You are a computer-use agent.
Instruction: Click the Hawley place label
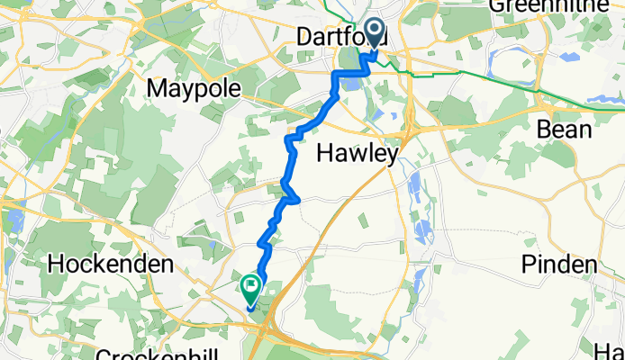tap(358, 156)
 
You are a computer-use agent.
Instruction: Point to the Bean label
tap(564, 130)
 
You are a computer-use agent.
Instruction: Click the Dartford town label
tap(342, 40)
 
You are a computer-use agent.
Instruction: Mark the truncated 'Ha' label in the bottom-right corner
tap(614, 349)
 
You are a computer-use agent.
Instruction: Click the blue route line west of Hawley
tap(291, 162)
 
